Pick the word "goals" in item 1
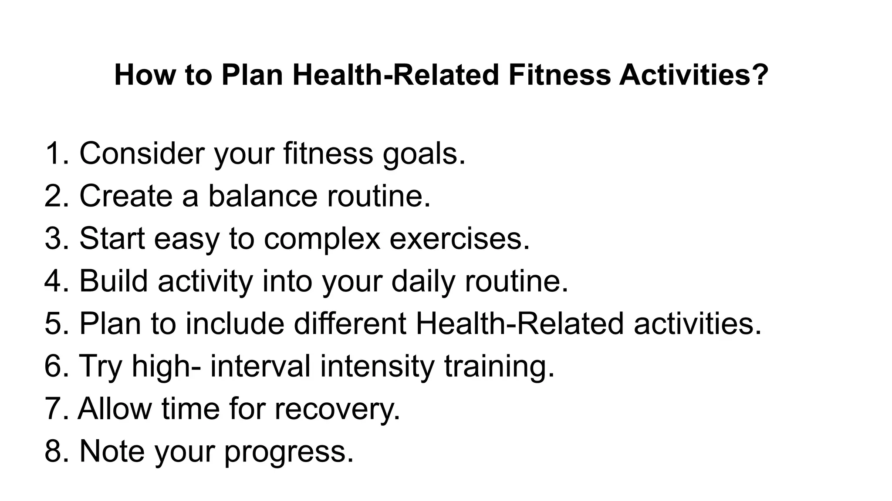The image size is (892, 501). click(x=420, y=155)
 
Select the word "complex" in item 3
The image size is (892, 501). click(x=322, y=240)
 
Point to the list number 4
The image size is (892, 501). click(x=53, y=281)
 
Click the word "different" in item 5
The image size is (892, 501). click(x=350, y=324)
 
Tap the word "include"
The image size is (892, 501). click(x=235, y=324)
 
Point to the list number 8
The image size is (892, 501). click(x=53, y=451)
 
